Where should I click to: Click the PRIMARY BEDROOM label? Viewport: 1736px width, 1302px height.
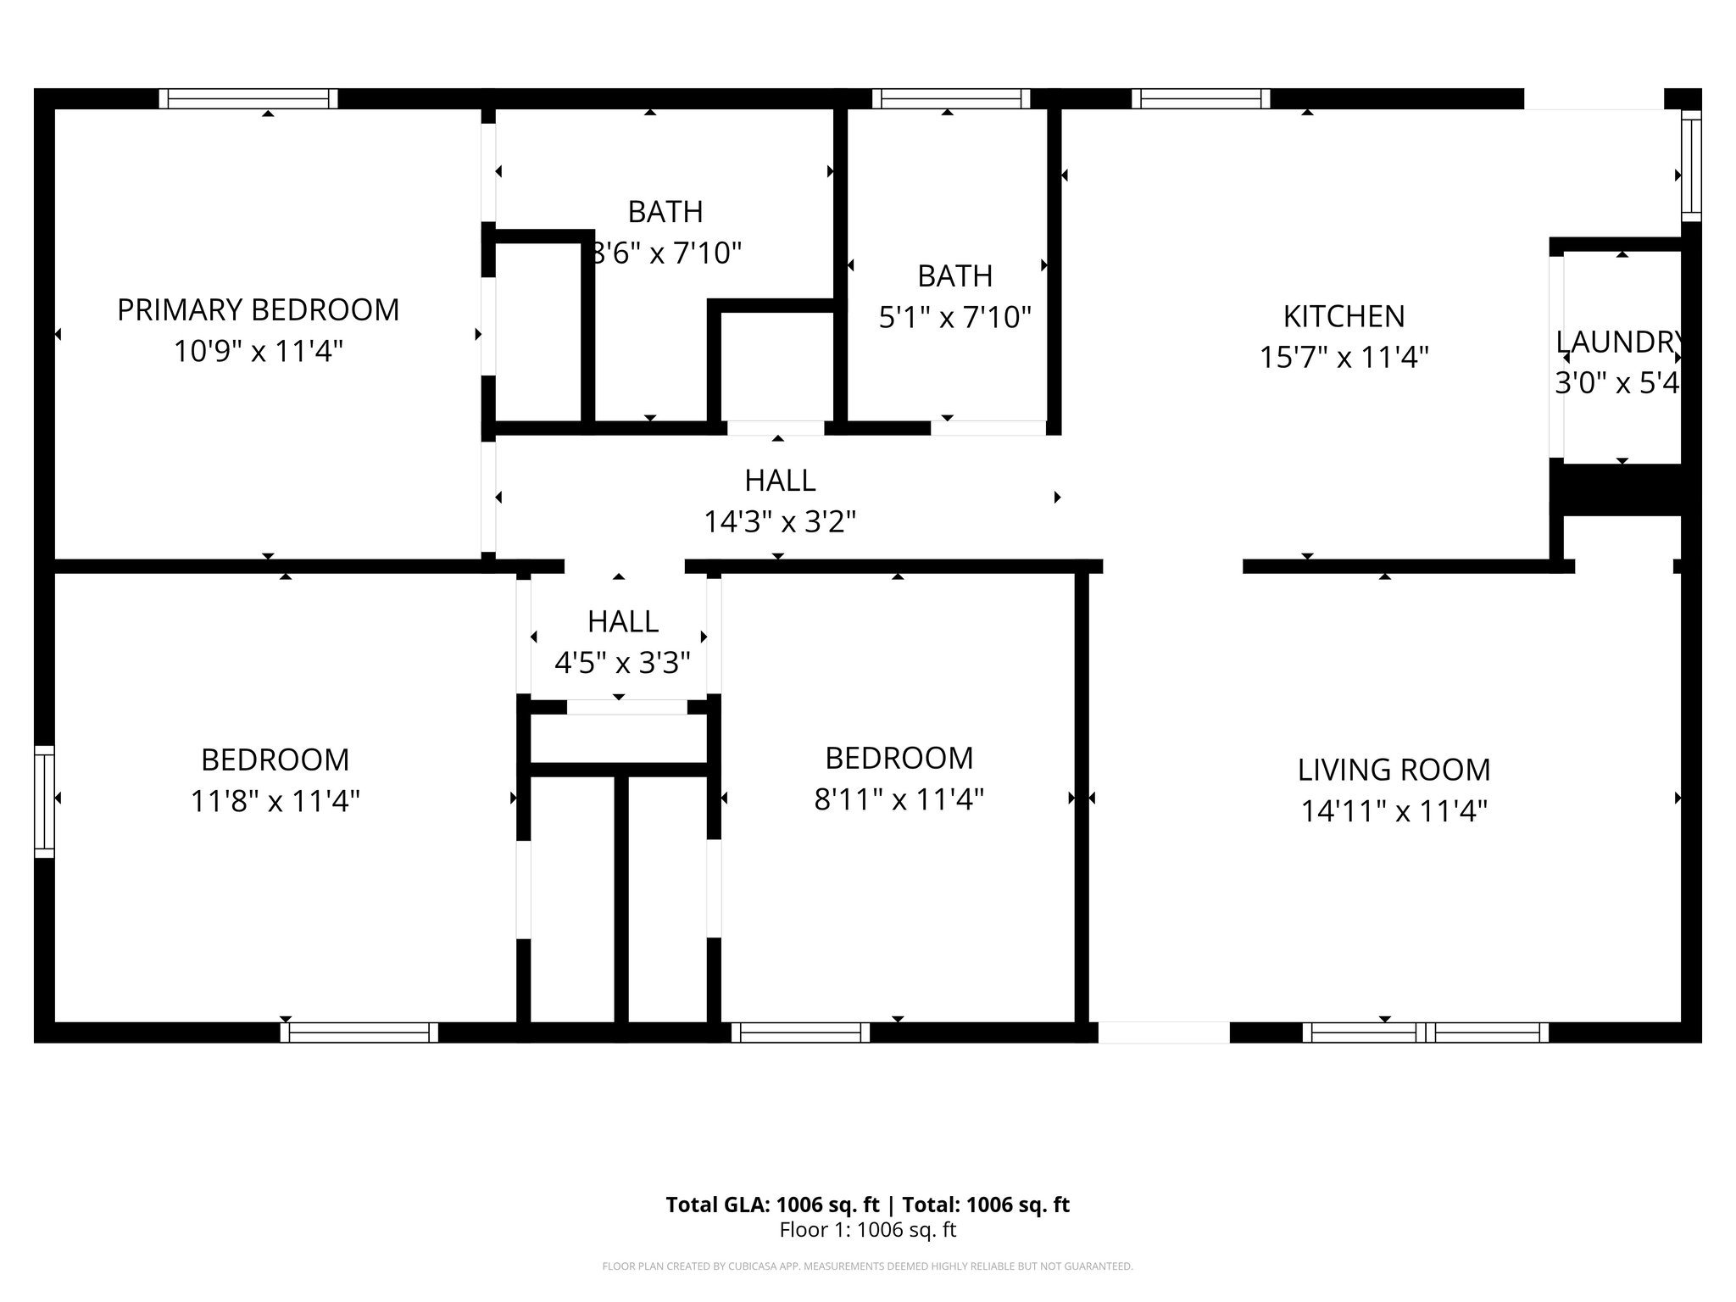pyautogui.click(x=258, y=310)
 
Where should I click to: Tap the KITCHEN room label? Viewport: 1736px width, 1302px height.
pyautogui.click(x=1344, y=316)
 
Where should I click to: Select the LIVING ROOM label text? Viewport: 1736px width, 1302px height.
pyautogui.click(x=1394, y=770)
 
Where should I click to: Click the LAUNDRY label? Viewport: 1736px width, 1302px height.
pyautogui.click(x=1617, y=342)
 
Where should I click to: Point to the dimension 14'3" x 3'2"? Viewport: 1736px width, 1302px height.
pyautogui.click(x=780, y=521)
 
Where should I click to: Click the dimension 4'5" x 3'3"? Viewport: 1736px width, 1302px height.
pyautogui.click(x=622, y=662)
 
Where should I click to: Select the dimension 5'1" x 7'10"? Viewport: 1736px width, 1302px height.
pyautogui.click(x=954, y=318)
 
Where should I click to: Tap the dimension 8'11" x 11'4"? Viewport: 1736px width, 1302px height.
pyautogui.click(x=899, y=798)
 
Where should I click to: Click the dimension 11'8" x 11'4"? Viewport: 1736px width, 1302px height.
pyautogui.click(x=275, y=800)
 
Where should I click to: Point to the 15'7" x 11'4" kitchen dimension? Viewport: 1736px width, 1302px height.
pyautogui.click(x=1344, y=358)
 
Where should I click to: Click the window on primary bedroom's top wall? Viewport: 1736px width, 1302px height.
pyautogui.click(x=248, y=99)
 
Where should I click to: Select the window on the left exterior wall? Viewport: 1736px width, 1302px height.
pyautogui.click(x=44, y=801)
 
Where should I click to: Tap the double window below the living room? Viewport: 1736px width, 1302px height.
pyautogui.click(x=1425, y=1032)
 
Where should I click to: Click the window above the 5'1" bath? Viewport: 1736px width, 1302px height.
pyautogui.click(x=951, y=99)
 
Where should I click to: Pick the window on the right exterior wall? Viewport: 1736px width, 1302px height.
pyautogui.click(x=1690, y=165)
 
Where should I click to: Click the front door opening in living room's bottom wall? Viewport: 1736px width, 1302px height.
pyautogui.click(x=1163, y=1032)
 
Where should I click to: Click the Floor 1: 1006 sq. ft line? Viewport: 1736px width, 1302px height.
pyautogui.click(x=867, y=1230)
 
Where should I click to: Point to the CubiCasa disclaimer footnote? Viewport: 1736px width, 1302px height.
pyautogui.click(x=867, y=1266)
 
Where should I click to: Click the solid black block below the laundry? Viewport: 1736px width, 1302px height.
pyautogui.click(x=1621, y=489)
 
